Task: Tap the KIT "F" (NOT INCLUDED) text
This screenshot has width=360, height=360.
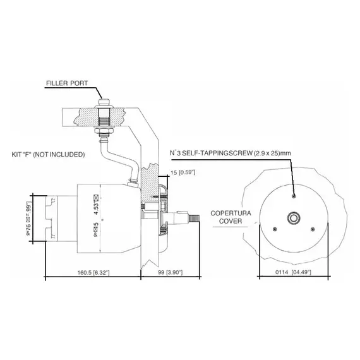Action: [x=49, y=154]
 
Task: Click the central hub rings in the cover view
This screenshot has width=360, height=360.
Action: [x=294, y=218]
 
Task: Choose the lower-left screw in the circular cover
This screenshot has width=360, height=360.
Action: [x=274, y=229]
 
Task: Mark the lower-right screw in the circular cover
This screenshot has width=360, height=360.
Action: [x=313, y=229]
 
